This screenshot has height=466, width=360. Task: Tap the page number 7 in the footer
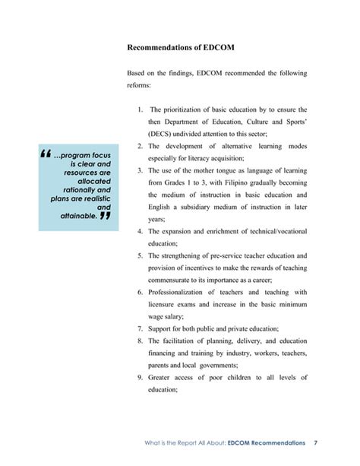(x=315, y=442)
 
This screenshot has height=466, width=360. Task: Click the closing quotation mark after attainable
(x=106, y=216)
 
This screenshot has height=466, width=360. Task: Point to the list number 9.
(x=141, y=377)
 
